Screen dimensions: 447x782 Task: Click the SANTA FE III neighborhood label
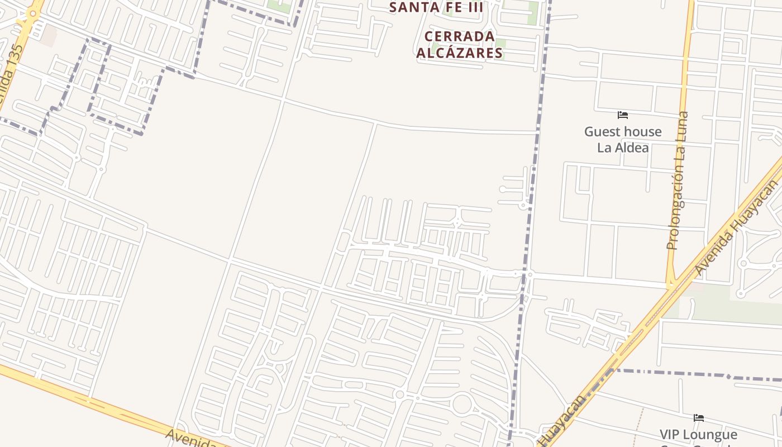(436, 7)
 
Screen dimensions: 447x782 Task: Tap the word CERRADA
(460, 37)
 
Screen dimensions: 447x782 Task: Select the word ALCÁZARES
(460, 53)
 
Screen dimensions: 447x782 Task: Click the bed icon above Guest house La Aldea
(623, 115)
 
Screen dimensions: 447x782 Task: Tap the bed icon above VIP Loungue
(699, 417)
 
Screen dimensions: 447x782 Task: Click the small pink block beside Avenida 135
(48, 35)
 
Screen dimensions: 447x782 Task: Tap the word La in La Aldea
(605, 148)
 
